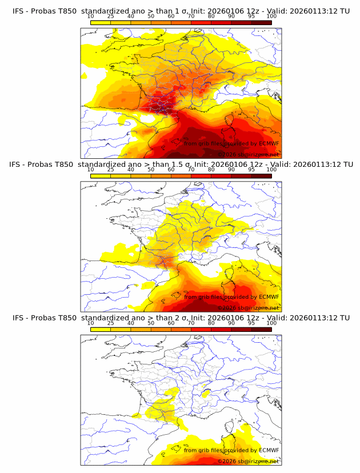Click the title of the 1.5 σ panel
181,165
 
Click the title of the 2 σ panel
181,318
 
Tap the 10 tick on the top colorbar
91,17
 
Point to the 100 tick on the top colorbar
271,17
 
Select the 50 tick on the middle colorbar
151,170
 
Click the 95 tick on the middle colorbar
251,170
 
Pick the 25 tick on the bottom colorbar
111,323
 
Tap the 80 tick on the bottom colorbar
211,323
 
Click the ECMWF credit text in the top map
231,143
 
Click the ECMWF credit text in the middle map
231,296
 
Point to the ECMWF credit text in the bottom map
231,450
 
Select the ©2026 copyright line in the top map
248,155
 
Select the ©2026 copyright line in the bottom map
248,461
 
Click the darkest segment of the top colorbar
261,23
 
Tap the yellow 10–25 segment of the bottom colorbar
101,329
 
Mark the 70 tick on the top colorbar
191,17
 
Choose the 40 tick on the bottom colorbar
131,323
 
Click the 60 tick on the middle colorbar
171,170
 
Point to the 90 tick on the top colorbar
231,17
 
